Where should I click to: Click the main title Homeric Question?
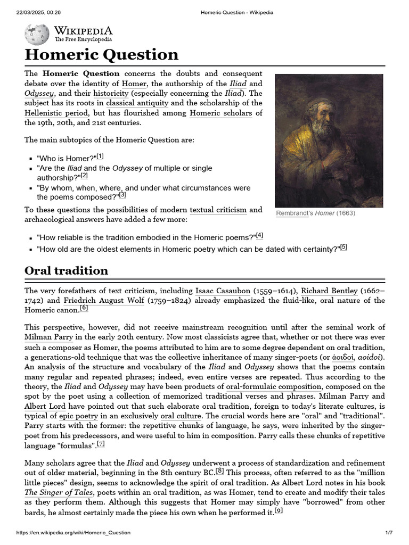(x=102, y=55)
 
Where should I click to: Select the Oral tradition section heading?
(x=67, y=270)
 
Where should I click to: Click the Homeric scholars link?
(x=220, y=113)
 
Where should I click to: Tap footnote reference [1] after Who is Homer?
(x=100, y=156)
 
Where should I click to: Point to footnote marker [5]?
(x=343, y=247)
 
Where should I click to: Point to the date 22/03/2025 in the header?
(x=32, y=12)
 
